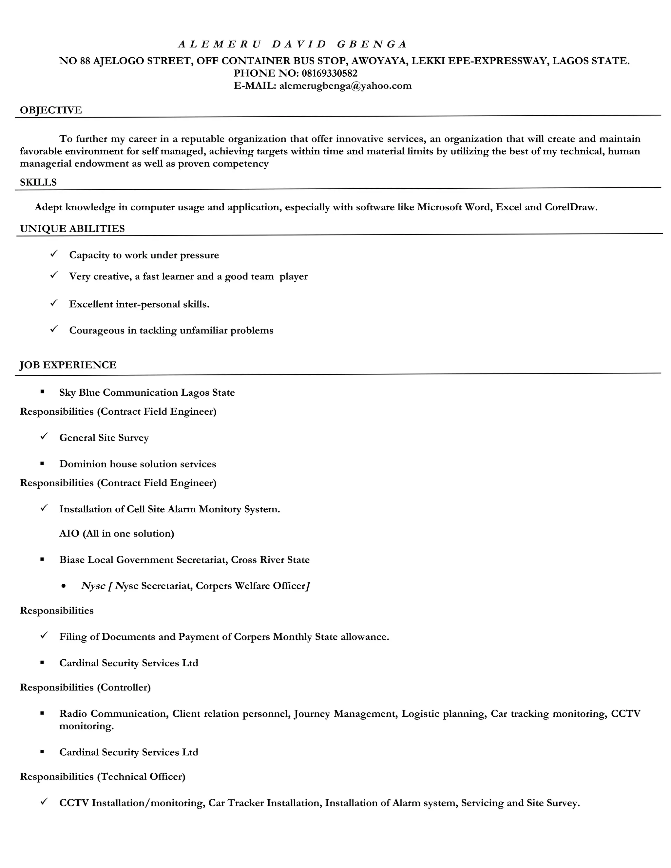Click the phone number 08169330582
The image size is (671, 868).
click(329, 73)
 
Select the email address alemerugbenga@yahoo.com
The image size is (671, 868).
click(345, 86)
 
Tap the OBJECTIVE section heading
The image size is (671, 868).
click(51, 110)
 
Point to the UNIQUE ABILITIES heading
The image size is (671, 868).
click(72, 229)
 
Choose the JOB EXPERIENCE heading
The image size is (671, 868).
click(68, 365)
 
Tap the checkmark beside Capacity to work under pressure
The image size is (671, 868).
click(54, 254)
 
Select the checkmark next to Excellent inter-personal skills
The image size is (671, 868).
click(54, 303)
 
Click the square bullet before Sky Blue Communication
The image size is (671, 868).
click(42, 392)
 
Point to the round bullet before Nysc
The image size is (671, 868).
click(64, 586)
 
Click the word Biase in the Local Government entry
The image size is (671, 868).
click(72, 560)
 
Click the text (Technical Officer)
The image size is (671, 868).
click(141, 777)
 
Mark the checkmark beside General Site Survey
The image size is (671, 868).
click(44, 436)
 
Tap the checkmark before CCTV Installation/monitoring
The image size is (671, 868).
click(44, 802)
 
